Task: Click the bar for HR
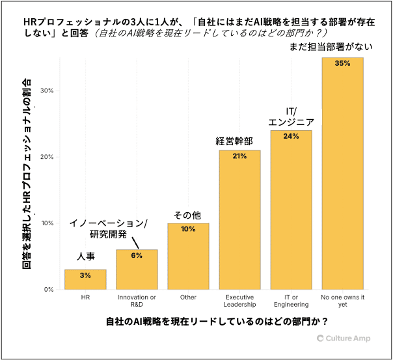tap(85, 280)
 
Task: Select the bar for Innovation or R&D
tap(137, 270)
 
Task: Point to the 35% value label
tap(342, 64)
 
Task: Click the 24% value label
tap(291, 136)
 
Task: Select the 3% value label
tap(85, 275)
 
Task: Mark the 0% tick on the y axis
tap(47, 290)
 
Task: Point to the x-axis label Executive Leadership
tap(239, 301)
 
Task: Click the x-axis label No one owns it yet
tap(342, 301)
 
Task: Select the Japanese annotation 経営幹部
tap(234, 141)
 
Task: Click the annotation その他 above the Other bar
tap(187, 214)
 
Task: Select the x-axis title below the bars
tap(215, 322)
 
